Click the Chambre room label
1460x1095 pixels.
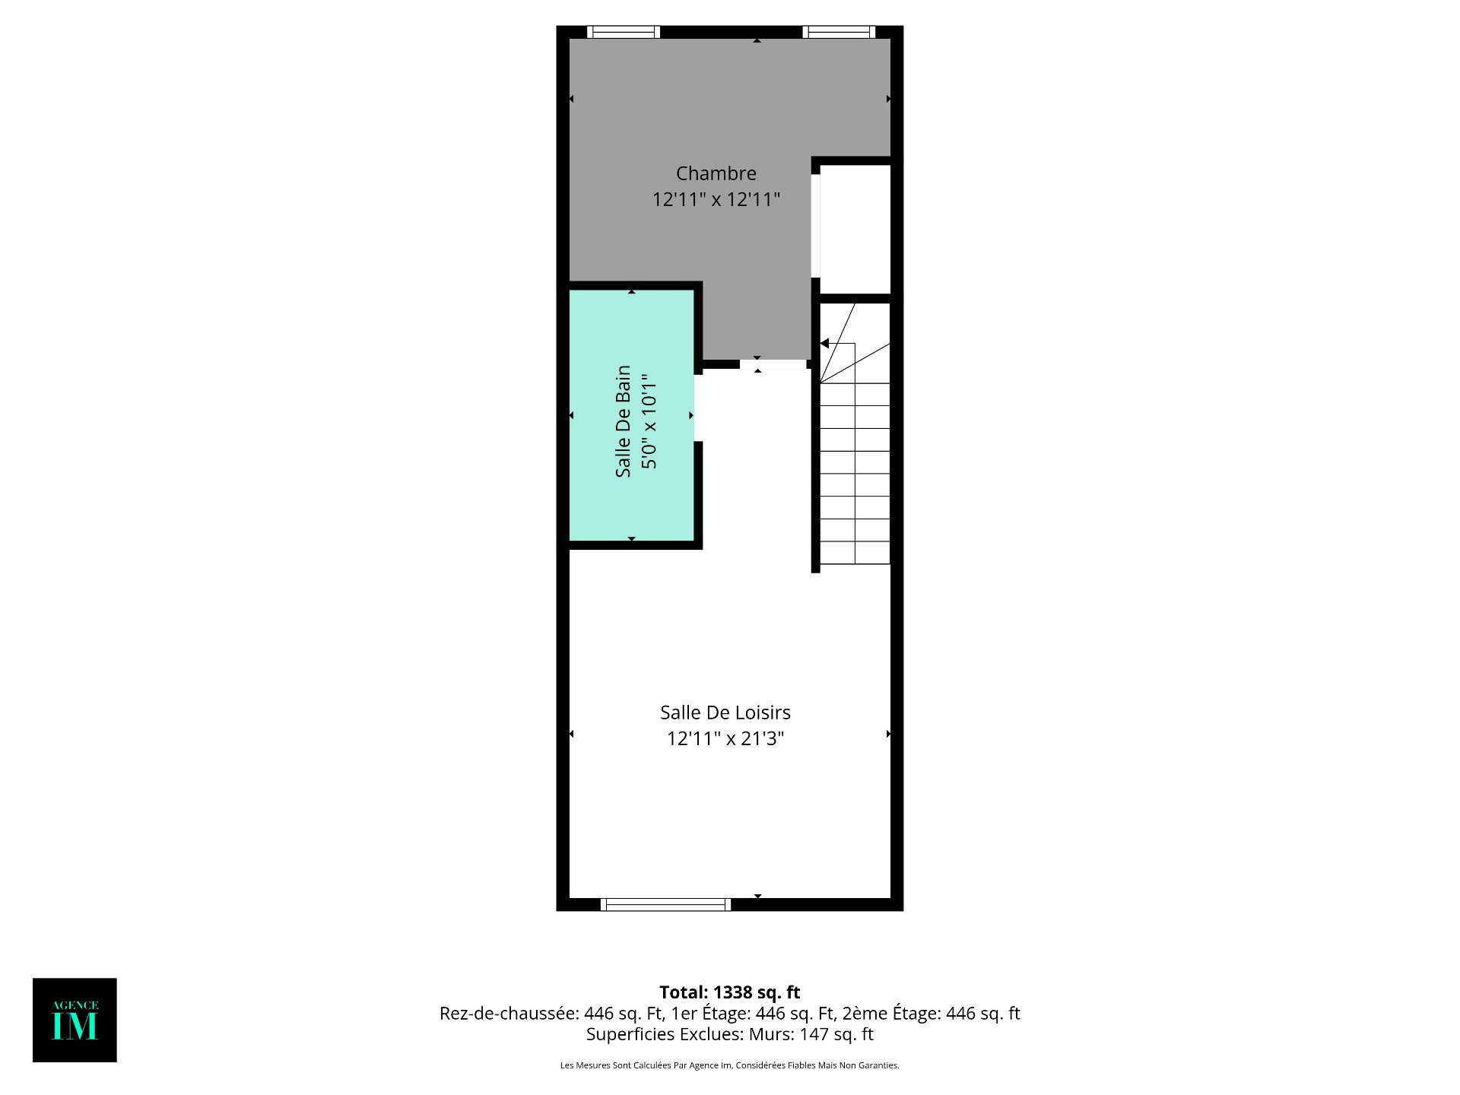pyautogui.click(x=716, y=173)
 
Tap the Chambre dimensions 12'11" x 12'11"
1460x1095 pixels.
pyautogui.click(x=716, y=199)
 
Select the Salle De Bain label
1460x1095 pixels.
pyautogui.click(x=624, y=421)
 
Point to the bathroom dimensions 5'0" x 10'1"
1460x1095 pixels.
pyautogui.click(x=649, y=421)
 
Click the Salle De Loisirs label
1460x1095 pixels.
pyautogui.click(x=725, y=713)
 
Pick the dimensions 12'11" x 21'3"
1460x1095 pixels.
pyautogui.click(x=725, y=738)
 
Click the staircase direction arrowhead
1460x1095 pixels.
pyautogui.click(x=824, y=344)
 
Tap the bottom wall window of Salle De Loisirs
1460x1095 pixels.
pyautogui.click(x=665, y=904)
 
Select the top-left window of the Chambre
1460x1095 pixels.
pyautogui.click(x=624, y=32)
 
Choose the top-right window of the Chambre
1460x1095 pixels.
pyautogui.click(x=839, y=32)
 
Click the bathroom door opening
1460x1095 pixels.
pyautogui.click(x=698, y=408)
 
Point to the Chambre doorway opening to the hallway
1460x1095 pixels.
pyautogui.click(x=773, y=364)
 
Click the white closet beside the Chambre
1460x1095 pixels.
pyautogui.click(x=855, y=229)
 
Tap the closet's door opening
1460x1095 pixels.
pyautogui.click(x=816, y=226)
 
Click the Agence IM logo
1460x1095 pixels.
pyautogui.click(x=75, y=1020)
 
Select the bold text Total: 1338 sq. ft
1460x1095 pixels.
pyautogui.click(x=730, y=992)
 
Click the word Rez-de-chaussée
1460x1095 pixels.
pyautogui.click(x=509, y=1014)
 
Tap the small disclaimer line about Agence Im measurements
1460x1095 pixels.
pyautogui.click(x=730, y=1065)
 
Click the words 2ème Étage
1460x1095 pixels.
pyautogui.click(x=891, y=1014)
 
